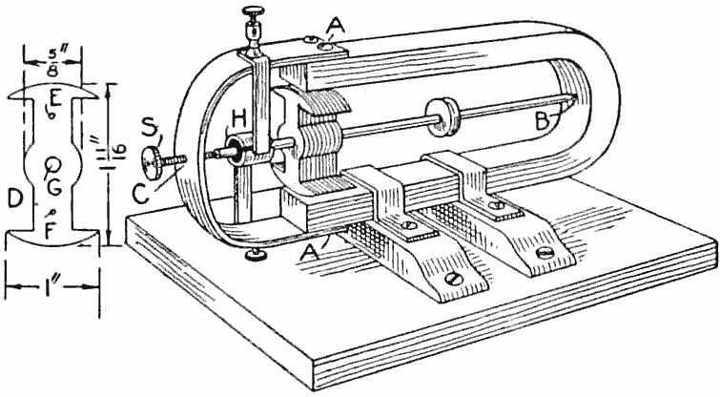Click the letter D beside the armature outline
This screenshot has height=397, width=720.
14,198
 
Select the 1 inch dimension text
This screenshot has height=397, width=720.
53,284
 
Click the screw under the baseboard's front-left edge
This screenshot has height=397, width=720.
257,254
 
